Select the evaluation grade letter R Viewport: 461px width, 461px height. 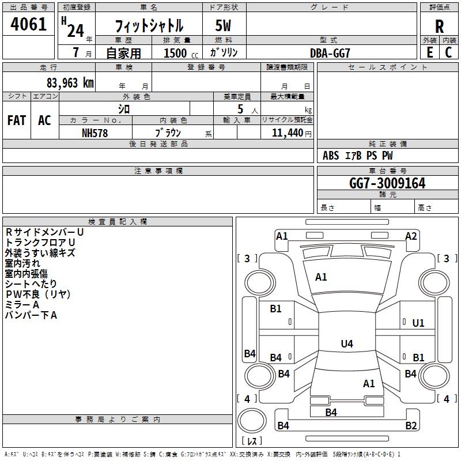439,26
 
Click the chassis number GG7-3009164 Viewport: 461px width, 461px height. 387,183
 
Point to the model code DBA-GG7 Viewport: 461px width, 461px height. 330,52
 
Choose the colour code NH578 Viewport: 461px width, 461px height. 95,133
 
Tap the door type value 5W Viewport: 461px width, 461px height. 224,25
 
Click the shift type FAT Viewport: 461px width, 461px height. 17,120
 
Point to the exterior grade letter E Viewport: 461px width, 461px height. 429,52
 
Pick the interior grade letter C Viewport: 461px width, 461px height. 449,52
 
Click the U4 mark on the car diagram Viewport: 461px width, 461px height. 346,344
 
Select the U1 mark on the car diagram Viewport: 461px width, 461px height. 418,323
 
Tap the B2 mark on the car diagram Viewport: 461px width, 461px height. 411,426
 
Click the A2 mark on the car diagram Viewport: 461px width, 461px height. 411,236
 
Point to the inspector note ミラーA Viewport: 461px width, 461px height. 22,304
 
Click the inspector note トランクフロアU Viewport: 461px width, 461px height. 40,242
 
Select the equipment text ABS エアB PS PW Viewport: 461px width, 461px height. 358,156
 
